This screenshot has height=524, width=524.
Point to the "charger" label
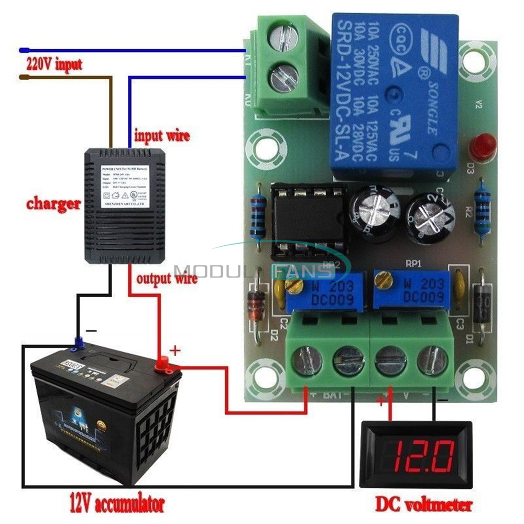click(x=54, y=203)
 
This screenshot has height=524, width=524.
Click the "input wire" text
click(x=162, y=135)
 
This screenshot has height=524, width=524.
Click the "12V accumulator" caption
click(x=117, y=504)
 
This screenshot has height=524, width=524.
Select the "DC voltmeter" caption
click(x=423, y=504)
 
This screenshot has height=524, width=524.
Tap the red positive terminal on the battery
click(x=162, y=362)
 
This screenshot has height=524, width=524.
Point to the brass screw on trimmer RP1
click(x=386, y=281)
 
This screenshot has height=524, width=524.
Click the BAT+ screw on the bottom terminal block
click(x=305, y=361)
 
